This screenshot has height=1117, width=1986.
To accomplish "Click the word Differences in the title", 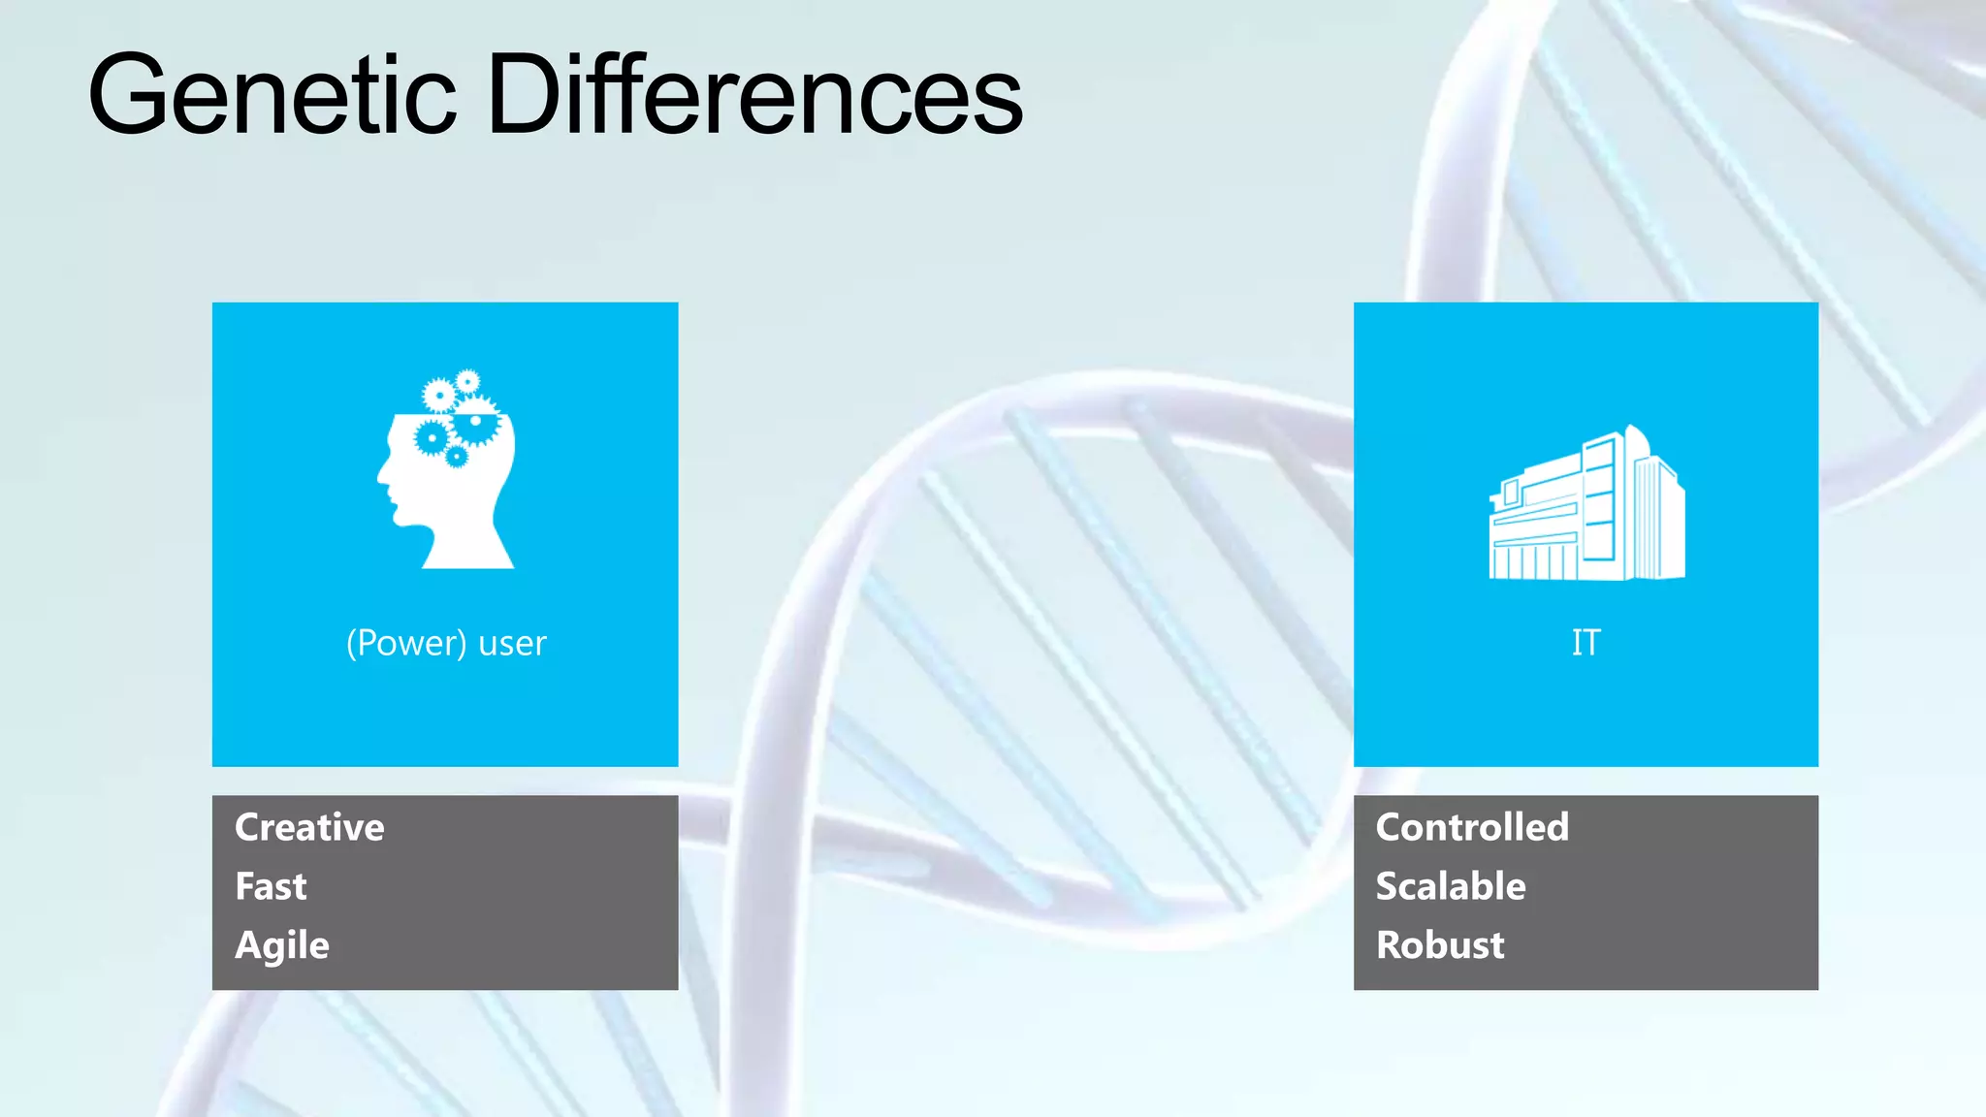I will point(754,95).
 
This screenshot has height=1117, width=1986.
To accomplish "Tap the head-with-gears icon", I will point(447,470).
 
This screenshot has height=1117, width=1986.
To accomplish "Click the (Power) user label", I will point(446,643).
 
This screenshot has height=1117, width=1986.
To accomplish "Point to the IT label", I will point(1586,642).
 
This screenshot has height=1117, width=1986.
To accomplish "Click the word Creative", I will point(309,827).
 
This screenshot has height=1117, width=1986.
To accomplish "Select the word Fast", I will point(271,886).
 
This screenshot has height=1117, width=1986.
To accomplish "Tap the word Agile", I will point(282,945).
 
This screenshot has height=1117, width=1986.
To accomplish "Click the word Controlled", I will point(1471,827).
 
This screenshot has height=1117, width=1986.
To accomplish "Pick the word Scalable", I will point(1450,886).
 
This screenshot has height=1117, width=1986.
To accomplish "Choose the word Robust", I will point(1440,945).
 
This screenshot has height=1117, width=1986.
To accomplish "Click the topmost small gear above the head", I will point(468,381).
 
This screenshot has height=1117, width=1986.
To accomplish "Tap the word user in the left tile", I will point(512,644).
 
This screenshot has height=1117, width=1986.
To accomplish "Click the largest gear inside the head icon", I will point(475,422).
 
